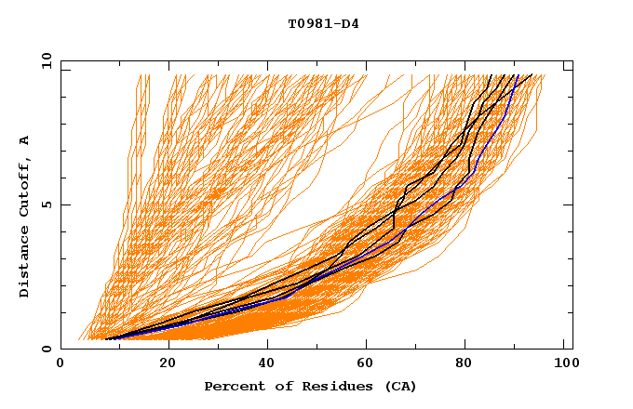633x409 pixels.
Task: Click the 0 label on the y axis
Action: coord(46,349)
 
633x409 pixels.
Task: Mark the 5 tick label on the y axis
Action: coord(46,204)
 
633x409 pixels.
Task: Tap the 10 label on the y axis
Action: coord(43,60)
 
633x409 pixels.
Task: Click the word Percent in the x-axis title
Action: coord(231,386)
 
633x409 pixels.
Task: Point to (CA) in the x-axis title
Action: coord(399,386)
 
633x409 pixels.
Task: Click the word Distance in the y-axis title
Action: coord(24,260)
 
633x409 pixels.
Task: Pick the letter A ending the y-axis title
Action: coord(24,141)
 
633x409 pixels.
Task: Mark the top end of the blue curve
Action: coord(518,74)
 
